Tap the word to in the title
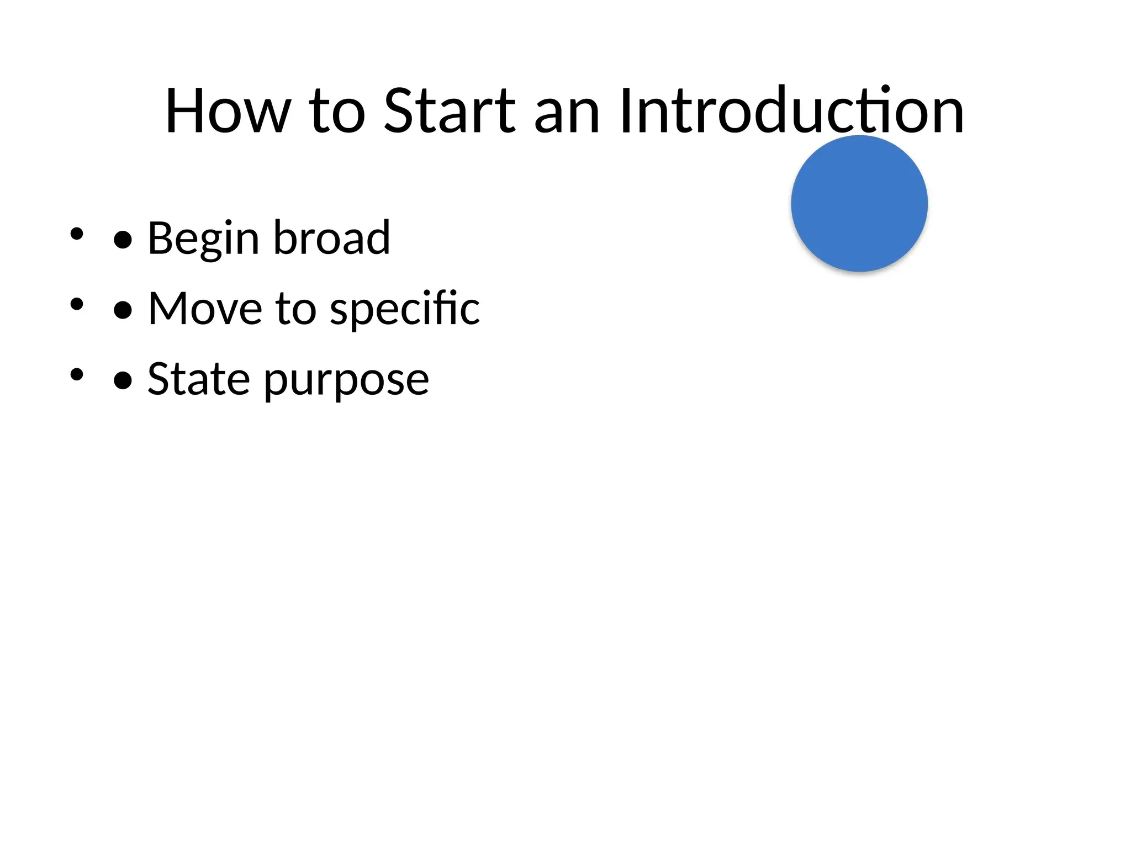[337, 112]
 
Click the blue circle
[859, 203]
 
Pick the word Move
[205, 309]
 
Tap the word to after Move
[295, 309]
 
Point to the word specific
[405, 310]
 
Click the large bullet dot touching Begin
[123, 240]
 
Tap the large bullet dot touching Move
[123, 310]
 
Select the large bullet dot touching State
[123, 380]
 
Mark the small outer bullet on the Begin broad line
[77, 234]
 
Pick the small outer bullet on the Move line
[77, 304]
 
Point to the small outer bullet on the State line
[77, 374]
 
